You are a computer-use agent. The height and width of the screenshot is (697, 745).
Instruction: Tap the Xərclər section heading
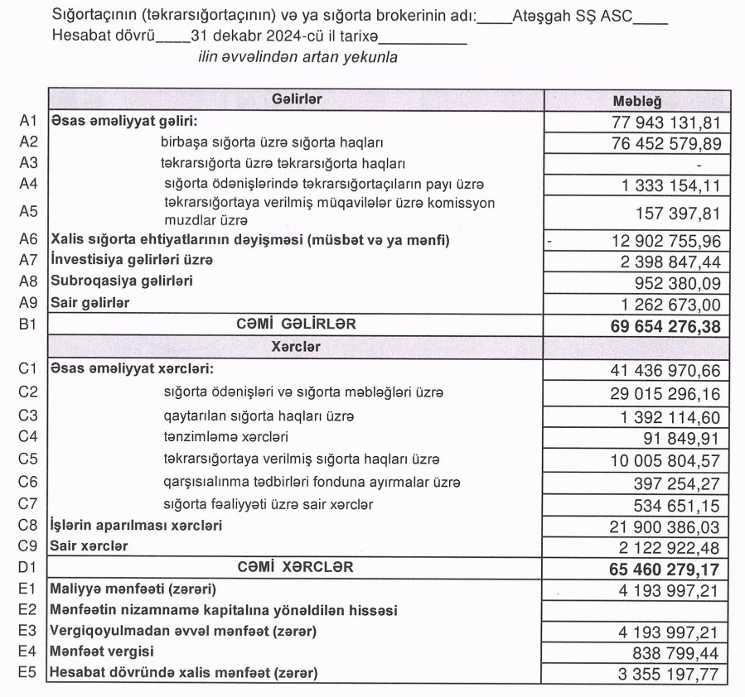[x=296, y=347]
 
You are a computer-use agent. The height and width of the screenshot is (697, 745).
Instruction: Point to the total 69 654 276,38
[x=663, y=326]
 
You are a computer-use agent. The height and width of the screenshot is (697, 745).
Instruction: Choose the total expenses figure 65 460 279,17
[x=663, y=570]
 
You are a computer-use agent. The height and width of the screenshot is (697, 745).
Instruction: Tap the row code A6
[x=29, y=240]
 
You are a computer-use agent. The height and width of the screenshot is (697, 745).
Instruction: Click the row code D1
[x=29, y=568]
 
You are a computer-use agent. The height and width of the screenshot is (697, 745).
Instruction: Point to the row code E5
[x=29, y=673]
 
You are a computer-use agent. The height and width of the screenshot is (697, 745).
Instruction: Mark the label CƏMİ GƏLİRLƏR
[x=296, y=324]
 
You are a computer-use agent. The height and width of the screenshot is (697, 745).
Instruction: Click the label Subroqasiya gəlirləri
[x=121, y=281]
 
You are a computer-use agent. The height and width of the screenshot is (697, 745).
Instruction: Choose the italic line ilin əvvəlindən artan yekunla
[x=298, y=57]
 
